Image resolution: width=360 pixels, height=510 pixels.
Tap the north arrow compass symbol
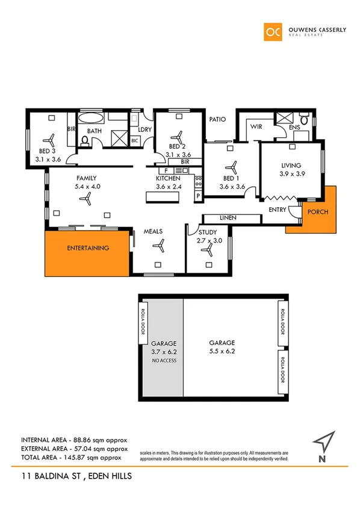pyautogui.click(x=324, y=443)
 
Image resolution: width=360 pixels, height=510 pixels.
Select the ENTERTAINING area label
pyautogui.click(x=88, y=247)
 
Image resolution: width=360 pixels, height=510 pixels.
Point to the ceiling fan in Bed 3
pyautogui.click(x=51, y=139)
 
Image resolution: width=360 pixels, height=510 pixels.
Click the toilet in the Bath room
pyautogui.click(x=85, y=141)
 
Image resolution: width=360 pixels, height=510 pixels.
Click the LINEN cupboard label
pyautogui.click(x=228, y=217)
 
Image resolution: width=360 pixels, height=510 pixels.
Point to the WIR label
pyautogui.click(x=255, y=127)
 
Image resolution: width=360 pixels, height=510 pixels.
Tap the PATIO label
pyautogui.click(x=217, y=119)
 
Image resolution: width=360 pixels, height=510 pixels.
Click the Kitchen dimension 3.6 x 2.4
pyautogui.click(x=169, y=187)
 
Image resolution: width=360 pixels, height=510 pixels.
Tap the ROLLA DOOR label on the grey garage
pyautogui.click(x=143, y=322)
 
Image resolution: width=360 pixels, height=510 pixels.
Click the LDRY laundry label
pyautogui.click(x=144, y=130)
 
